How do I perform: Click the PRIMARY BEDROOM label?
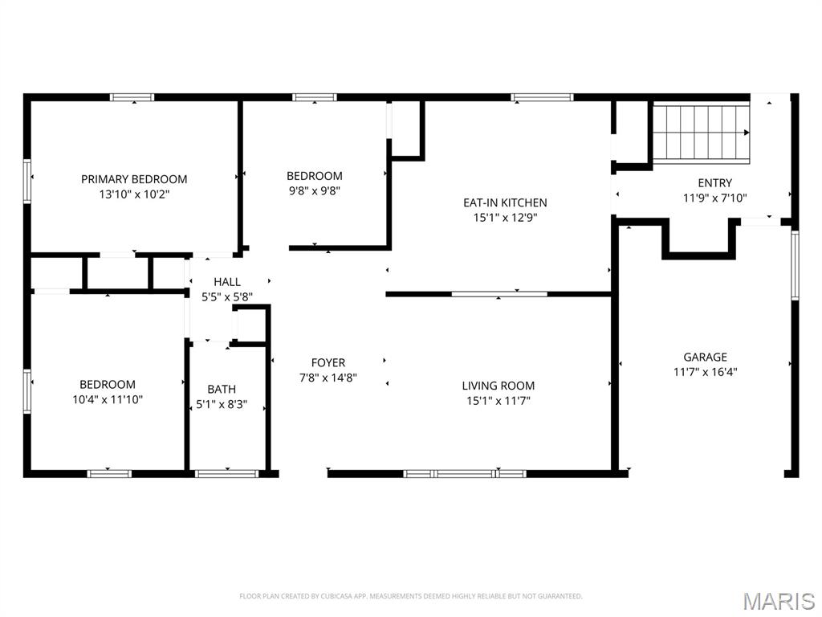pyautogui.click(x=134, y=179)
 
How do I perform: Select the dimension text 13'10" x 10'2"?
pyautogui.click(x=134, y=194)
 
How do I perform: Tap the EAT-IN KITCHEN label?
pyautogui.click(x=505, y=202)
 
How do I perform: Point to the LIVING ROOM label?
pyautogui.click(x=498, y=386)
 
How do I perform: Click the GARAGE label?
pyautogui.click(x=705, y=357)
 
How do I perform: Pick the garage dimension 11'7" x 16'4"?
pyautogui.click(x=705, y=371)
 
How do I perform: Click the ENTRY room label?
pyautogui.click(x=714, y=183)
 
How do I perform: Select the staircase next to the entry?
pyautogui.click(x=700, y=132)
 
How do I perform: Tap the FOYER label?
pyautogui.click(x=328, y=363)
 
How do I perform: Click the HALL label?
pyautogui.click(x=227, y=282)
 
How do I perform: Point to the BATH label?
pyautogui.click(x=222, y=390)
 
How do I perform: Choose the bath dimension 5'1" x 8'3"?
pyautogui.click(x=222, y=405)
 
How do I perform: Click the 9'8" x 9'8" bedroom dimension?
pyautogui.click(x=315, y=191)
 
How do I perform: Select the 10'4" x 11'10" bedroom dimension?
pyautogui.click(x=108, y=398)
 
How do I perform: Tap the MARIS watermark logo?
pyautogui.click(x=778, y=601)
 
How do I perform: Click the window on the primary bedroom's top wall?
pyautogui.click(x=132, y=97)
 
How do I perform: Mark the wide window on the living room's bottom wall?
pyautogui.click(x=465, y=473)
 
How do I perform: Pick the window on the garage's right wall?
pyautogui.click(x=795, y=265)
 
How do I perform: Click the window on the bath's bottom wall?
pyautogui.click(x=227, y=473)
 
